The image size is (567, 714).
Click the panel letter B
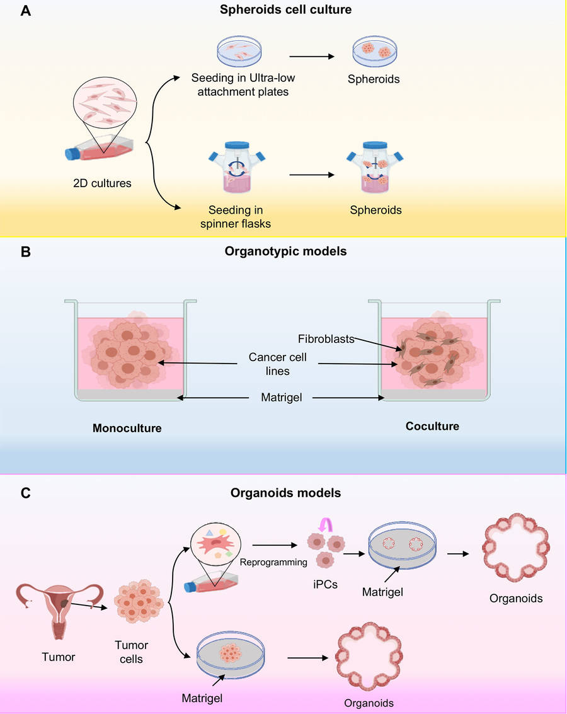click(26, 251)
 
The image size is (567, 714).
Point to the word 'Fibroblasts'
click(326, 338)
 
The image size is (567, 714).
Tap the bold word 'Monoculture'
click(127, 429)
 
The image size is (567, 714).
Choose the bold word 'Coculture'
click(432, 426)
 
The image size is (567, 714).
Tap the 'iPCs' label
click(325, 584)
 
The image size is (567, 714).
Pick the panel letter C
click(26, 493)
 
